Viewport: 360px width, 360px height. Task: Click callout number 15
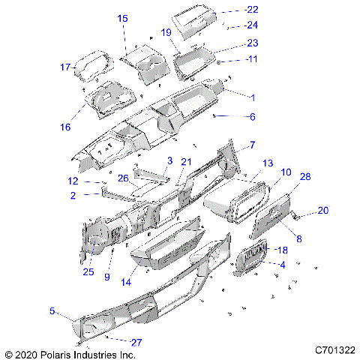click(x=122, y=18)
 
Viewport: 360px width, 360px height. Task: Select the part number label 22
click(x=251, y=10)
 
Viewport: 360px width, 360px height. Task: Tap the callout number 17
click(x=65, y=67)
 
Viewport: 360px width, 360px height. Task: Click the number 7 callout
click(x=253, y=144)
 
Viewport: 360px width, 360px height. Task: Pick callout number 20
click(x=323, y=211)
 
